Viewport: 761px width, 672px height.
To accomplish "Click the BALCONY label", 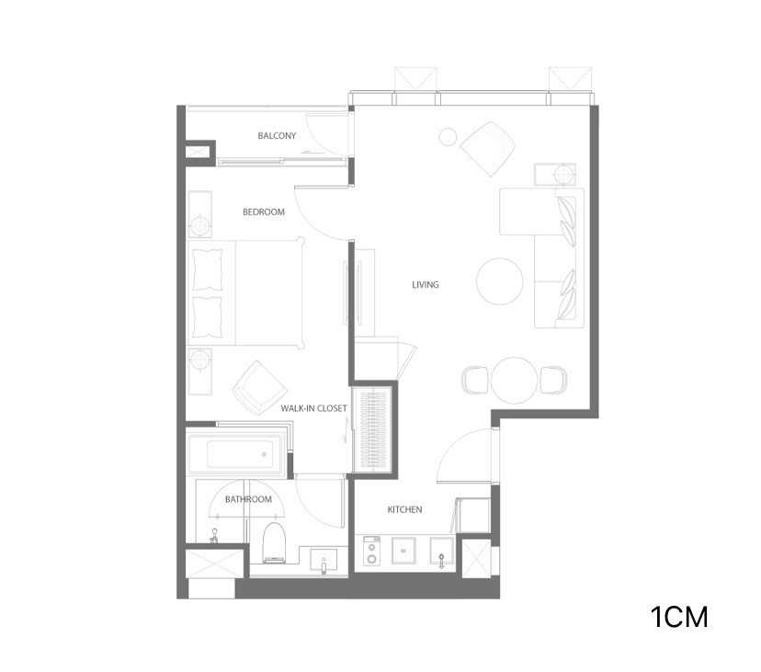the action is point(277,135).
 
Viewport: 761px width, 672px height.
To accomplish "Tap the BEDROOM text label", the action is point(264,211).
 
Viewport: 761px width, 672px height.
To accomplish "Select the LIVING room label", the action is point(426,285).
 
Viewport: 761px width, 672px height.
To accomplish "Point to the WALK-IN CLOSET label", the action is point(314,408).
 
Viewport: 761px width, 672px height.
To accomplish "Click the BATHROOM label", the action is point(248,499).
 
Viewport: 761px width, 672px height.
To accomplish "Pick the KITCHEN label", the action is point(404,509).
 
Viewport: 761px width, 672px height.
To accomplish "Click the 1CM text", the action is point(679,617).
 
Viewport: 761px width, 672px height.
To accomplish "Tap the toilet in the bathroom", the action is point(274,543).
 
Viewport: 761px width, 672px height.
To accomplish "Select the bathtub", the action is point(235,453).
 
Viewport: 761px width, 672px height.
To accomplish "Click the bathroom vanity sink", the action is point(324,561).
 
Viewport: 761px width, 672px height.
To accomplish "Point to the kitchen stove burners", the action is point(371,550).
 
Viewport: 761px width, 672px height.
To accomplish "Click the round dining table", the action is point(515,381).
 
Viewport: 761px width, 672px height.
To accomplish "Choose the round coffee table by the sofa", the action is point(500,281).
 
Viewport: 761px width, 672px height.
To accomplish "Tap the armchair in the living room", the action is point(488,149).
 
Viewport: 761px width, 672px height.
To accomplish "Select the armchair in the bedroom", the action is point(259,387).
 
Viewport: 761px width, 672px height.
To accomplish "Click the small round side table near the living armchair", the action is point(448,136).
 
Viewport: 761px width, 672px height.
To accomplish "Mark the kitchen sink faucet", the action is point(441,561).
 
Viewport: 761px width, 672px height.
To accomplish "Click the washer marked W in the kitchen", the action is point(403,551).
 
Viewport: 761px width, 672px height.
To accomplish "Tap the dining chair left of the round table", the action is point(475,381).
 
